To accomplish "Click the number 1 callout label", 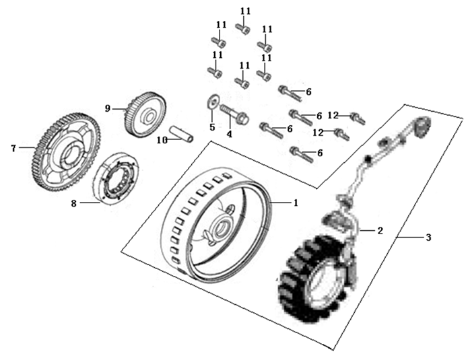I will click(294, 201).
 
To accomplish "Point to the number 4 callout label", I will click(229, 134).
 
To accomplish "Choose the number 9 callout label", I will click(106, 107).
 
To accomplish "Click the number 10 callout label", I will click(161, 140).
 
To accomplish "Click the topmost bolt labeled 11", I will click(243, 28).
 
